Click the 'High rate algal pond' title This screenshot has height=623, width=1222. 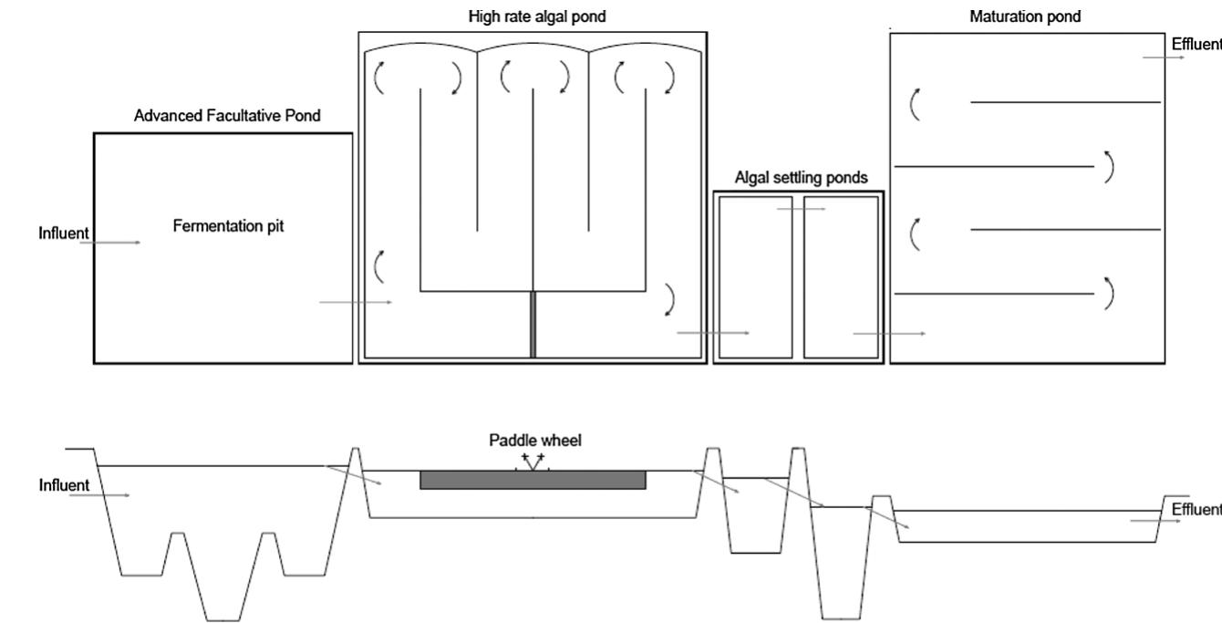point(532,16)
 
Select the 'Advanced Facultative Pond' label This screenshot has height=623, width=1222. point(227,116)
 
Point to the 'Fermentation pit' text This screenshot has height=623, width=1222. point(228,226)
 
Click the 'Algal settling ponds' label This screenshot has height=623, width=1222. point(801,178)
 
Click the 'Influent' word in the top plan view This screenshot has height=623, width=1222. point(63,234)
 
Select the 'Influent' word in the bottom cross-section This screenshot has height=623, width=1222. point(63,484)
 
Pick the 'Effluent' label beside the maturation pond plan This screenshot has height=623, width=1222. point(1196,45)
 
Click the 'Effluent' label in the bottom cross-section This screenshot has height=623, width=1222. point(1196,509)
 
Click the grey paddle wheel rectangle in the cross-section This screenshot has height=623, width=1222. point(533,480)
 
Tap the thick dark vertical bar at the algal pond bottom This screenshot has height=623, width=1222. point(533,325)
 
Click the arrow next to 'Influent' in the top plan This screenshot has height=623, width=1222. point(116,243)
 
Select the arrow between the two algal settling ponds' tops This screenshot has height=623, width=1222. point(801,209)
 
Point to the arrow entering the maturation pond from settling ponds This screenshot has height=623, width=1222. point(889,334)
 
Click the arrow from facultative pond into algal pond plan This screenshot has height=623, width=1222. point(356,302)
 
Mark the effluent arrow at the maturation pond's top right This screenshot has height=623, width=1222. point(1164,57)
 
